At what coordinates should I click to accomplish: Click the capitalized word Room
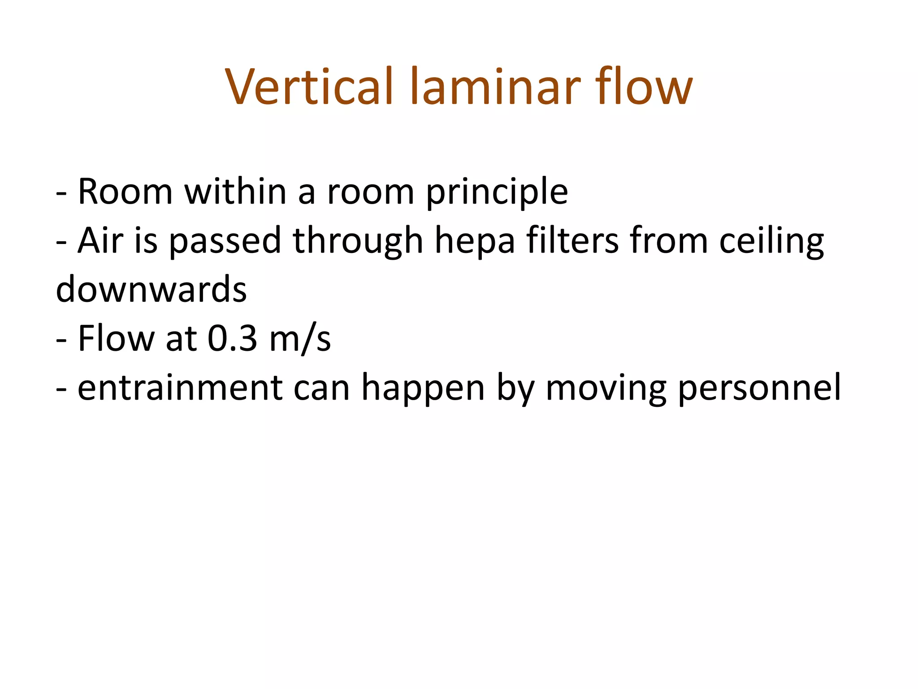coord(126,192)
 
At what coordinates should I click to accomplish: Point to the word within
coord(235,192)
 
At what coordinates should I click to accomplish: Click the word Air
coord(100,241)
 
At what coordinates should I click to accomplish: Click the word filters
coord(572,241)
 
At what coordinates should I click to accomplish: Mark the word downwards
coord(151,290)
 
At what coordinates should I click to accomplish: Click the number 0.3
coord(233,339)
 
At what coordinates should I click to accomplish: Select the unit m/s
coord(300,339)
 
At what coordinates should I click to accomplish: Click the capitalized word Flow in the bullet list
coord(116,339)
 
